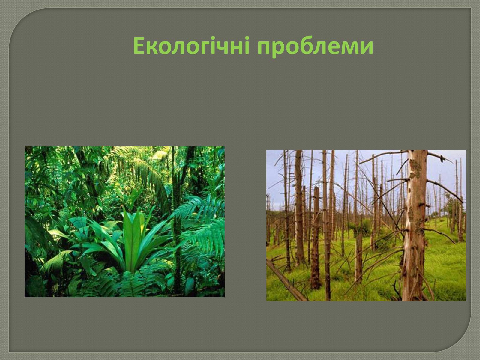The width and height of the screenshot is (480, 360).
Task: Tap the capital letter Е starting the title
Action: (139, 46)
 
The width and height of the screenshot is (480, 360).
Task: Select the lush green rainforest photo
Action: (124, 222)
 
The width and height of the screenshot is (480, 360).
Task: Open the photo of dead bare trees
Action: (366, 225)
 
